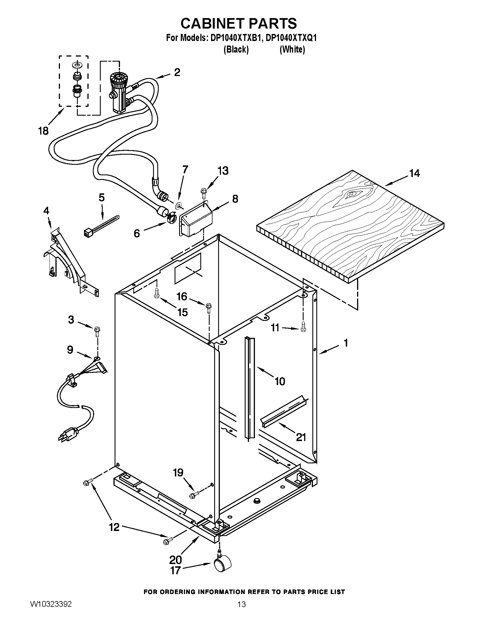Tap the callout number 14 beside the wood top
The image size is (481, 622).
[x=414, y=173]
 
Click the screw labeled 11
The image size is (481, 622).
[x=303, y=326]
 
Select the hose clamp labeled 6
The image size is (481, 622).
[x=172, y=219]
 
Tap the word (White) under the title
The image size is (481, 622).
[x=292, y=49]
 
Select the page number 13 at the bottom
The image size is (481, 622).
[x=241, y=610]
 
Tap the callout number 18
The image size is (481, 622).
[x=43, y=131]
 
